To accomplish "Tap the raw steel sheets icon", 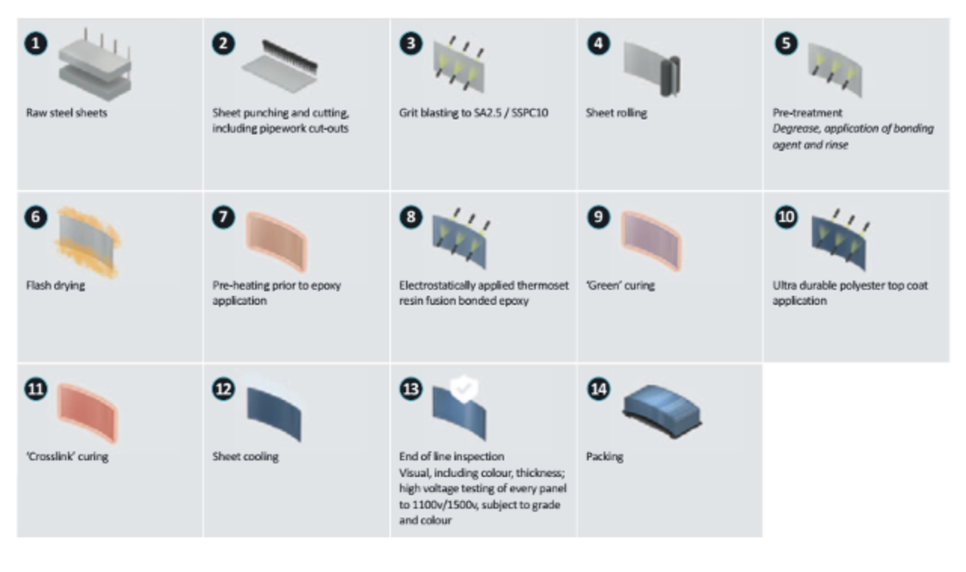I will pyautogui.click(x=93, y=66).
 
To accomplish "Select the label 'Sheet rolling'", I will pyautogui.click(x=616, y=113).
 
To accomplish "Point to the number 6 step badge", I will pyautogui.click(x=37, y=217).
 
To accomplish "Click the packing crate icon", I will pyautogui.click(x=663, y=411).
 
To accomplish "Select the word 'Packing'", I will pyautogui.click(x=605, y=457).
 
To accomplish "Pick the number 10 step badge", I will pyautogui.click(x=786, y=217).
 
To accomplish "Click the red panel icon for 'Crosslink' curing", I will pyautogui.click(x=89, y=414).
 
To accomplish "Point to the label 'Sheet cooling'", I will pyautogui.click(x=245, y=457).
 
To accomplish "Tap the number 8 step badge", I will pyautogui.click(x=411, y=217).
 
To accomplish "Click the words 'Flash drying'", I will pyautogui.click(x=55, y=285).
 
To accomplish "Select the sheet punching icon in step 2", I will pyautogui.click(x=276, y=65).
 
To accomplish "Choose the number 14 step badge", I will pyautogui.click(x=598, y=389).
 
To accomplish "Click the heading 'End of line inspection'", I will pyautogui.click(x=451, y=457).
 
